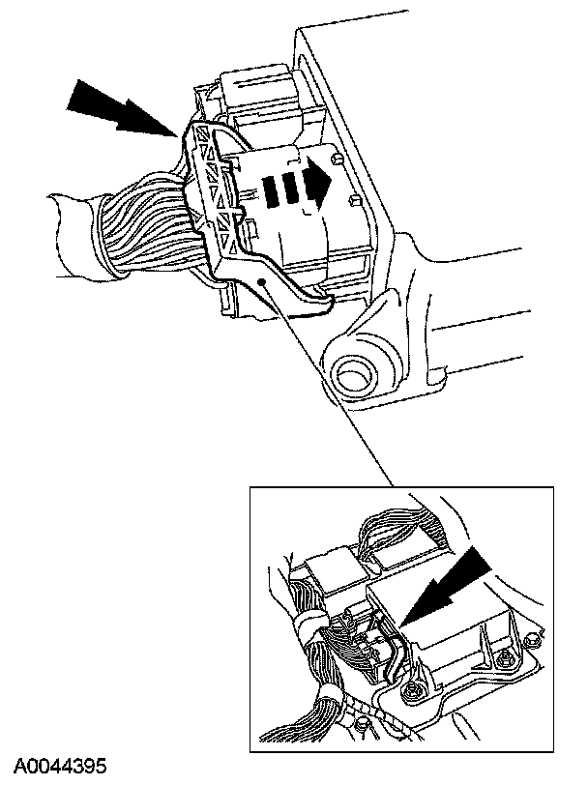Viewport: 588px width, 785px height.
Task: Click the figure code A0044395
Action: (x=60, y=766)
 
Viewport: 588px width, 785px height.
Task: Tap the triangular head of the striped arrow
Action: (x=318, y=180)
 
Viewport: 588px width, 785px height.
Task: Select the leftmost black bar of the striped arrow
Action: (x=272, y=190)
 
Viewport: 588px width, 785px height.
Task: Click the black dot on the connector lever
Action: (x=261, y=282)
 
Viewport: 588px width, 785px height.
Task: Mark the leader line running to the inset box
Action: (x=327, y=384)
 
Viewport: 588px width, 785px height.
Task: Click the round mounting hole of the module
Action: (x=355, y=373)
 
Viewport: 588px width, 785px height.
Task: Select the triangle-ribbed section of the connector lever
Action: (x=216, y=190)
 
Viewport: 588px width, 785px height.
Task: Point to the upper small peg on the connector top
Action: (x=338, y=160)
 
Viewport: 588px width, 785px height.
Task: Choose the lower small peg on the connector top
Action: (x=354, y=200)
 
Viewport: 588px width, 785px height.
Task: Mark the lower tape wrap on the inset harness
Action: (x=332, y=697)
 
